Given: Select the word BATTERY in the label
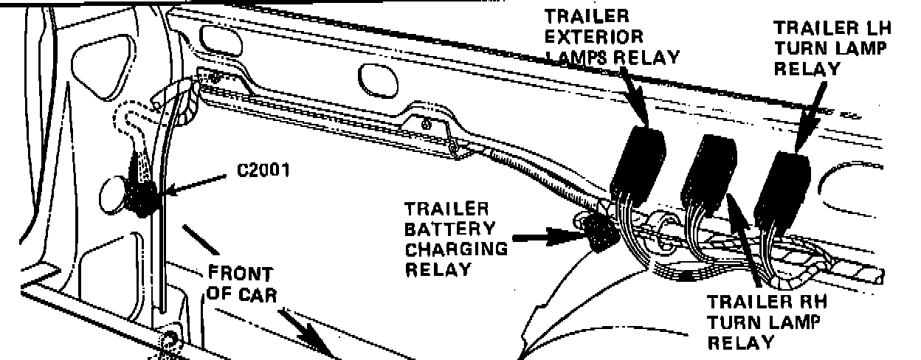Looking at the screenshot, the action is click(x=448, y=229).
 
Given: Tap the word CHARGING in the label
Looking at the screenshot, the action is click(x=457, y=249).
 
